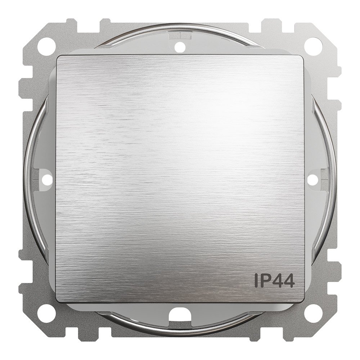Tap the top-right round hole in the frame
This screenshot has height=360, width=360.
pyautogui.click(x=315, y=44)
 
